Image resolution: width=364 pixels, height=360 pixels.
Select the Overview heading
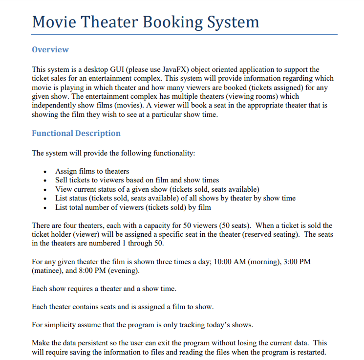pos(50,49)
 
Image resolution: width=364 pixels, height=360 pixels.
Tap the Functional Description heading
pos(76,133)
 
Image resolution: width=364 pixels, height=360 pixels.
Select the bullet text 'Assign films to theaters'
pos(92,171)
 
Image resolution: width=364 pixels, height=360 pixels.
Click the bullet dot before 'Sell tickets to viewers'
pos(45,180)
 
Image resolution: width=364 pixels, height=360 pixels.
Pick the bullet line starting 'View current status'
pos(157,189)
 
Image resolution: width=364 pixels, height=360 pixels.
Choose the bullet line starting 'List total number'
pos(133,207)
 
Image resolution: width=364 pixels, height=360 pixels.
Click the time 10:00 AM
pos(232,261)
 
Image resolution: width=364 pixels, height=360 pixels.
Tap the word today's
pos(215,324)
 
